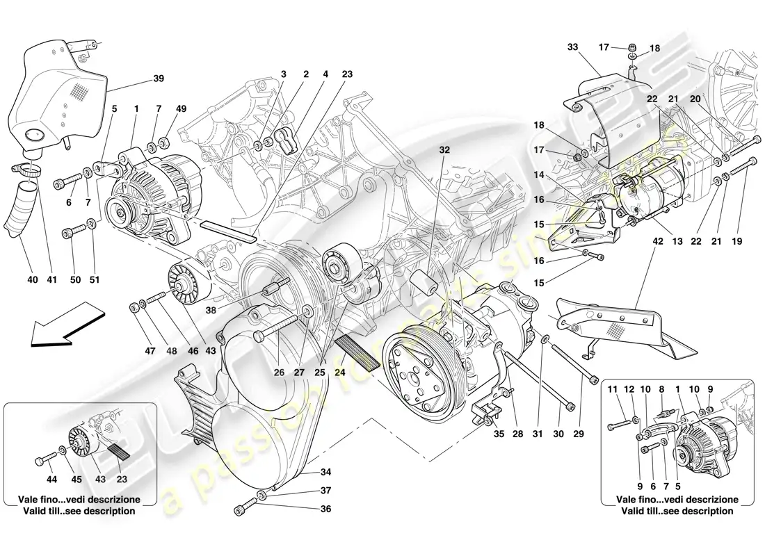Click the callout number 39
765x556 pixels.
tap(159, 79)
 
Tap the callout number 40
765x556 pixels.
tap(33, 280)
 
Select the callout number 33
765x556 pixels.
tap(572, 47)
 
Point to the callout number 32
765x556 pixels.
tap(444, 149)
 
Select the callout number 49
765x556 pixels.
tap(182, 109)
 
